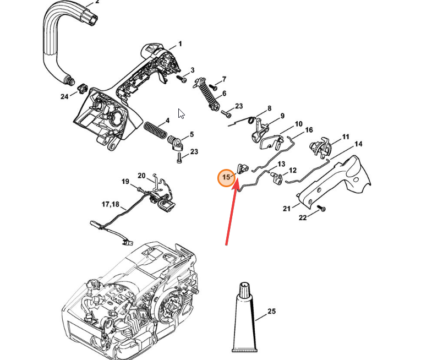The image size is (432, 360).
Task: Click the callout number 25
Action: [x=271, y=312]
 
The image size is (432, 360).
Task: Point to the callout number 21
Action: [x=287, y=208]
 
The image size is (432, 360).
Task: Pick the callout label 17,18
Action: [x=110, y=204]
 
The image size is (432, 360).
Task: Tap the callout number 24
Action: [x=64, y=96]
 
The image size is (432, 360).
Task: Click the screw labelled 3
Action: [x=182, y=78]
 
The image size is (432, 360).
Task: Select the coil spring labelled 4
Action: [x=155, y=131]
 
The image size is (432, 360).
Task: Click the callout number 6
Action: [x=223, y=94]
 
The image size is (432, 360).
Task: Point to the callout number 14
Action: [x=358, y=144]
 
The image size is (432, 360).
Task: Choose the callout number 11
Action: [x=346, y=137]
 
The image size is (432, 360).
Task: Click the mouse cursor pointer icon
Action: [x=181, y=113]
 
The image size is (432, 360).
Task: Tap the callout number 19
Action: [x=125, y=181]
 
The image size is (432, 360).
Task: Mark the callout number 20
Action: [x=141, y=176]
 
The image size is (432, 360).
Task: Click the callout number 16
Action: [x=309, y=130]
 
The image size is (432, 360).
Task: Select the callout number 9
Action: [x=282, y=116]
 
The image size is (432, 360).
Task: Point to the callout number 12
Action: [x=293, y=170]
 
